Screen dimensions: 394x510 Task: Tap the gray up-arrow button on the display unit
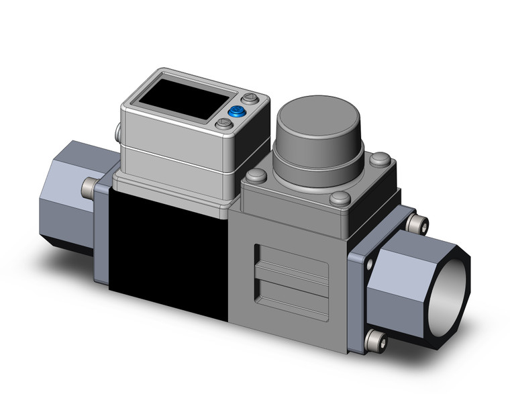pos(250,99)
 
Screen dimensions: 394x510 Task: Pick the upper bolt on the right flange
pos(419,221)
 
